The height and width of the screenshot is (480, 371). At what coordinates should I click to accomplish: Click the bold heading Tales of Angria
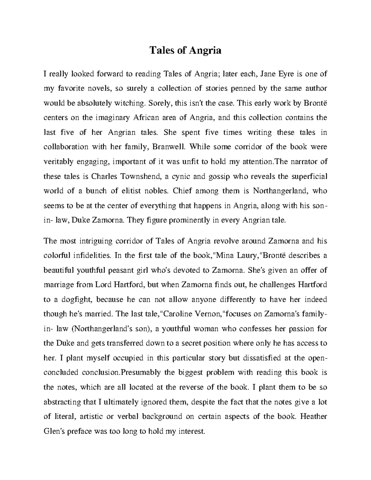(x=185, y=50)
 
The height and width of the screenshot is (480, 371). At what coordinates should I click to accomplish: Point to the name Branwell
(x=170, y=147)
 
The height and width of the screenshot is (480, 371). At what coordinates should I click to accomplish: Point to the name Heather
(x=313, y=416)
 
